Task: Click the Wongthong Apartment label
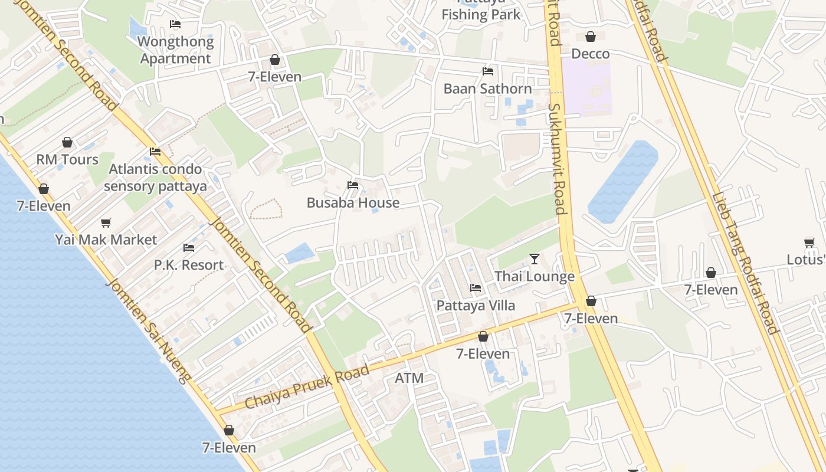click(x=175, y=50)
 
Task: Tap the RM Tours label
click(x=67, y=160)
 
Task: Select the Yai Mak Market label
click(x=106, y=240)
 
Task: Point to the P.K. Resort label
click(x=189, y=265)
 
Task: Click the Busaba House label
click(x=353, y=203)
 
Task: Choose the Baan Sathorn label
click(x=487, y=88)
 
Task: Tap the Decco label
click(x=590, y=54)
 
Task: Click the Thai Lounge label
click(x=534, y=276)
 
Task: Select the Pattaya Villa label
click(x=476, y=306)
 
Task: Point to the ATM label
click(x=409, y=378)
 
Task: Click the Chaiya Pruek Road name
click(x=307, y=387)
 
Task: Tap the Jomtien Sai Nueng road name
click(x=148, y=331)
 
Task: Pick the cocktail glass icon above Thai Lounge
click(x=535, y=258)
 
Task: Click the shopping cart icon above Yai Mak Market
click(x=106, y=222)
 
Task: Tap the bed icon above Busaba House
click(x=353, y=185)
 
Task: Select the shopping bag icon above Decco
click(x=590, y=37)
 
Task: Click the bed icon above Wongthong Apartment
click(x=175, y=24)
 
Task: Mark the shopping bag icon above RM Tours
click(x=67, y=142)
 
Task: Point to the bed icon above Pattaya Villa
click(x=476, y=288)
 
